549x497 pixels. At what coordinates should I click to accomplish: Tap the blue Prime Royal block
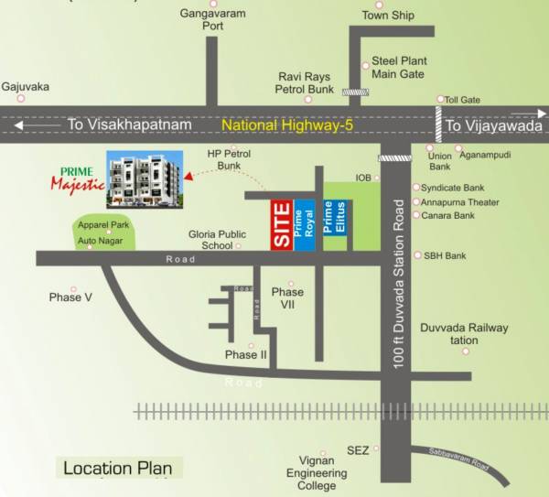[306, 223]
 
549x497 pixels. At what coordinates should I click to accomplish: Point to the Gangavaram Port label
[213, 20]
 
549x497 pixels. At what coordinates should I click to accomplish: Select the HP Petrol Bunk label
[228, 160]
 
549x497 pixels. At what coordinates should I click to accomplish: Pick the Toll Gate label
[460, 99]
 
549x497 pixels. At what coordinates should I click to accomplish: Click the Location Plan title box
[116, 469]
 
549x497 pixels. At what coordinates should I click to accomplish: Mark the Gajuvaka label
[25, 87]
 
